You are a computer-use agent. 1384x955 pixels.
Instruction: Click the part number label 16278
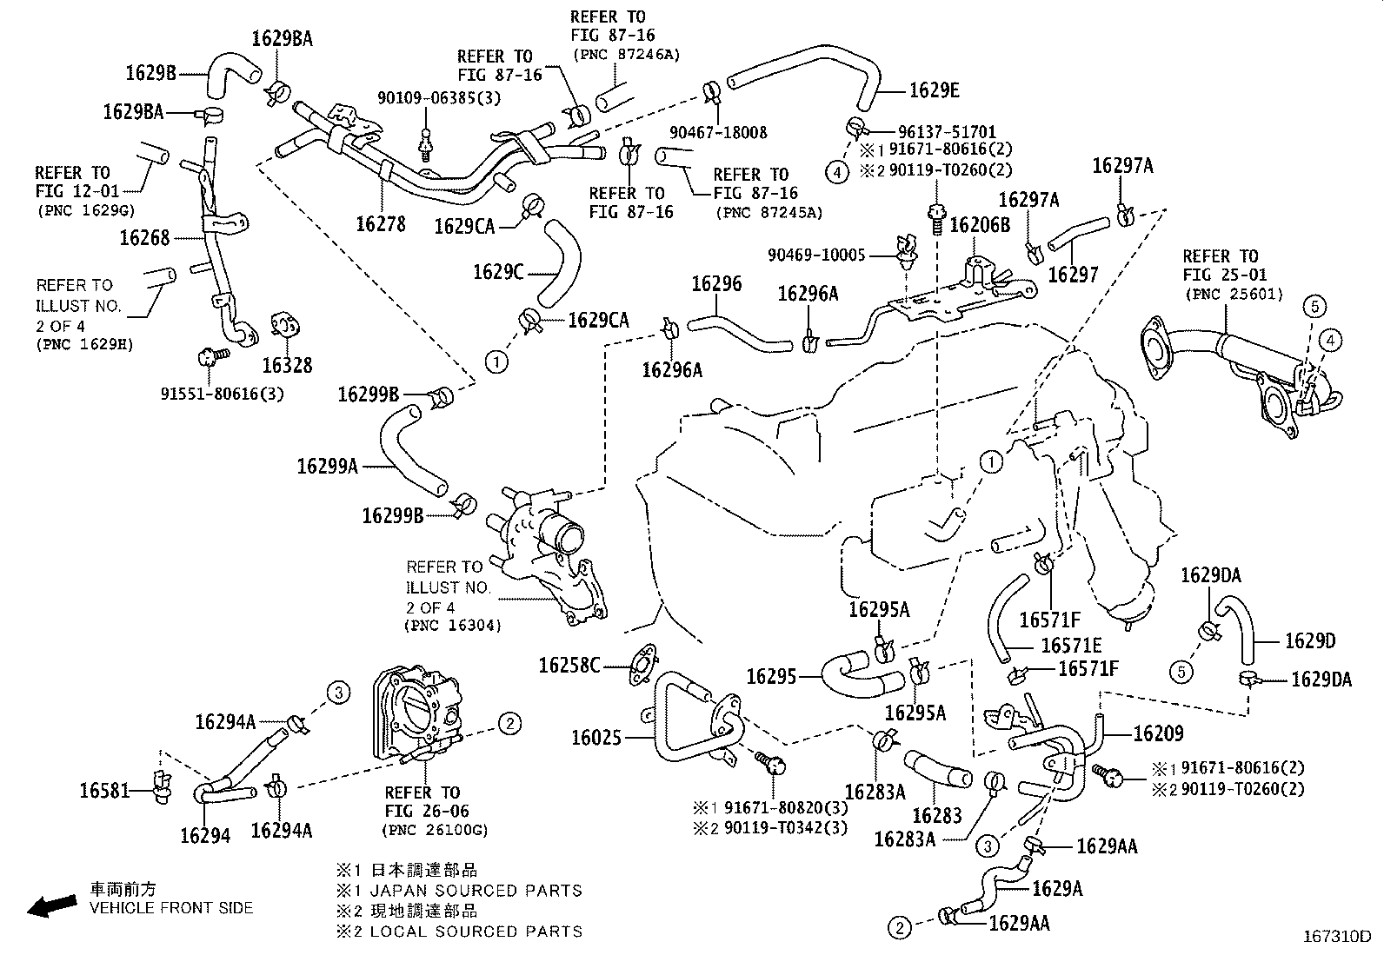pyautogui.click(x=380, y=224)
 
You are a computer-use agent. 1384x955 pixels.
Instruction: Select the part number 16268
pyautogui.click(x=144, y=238)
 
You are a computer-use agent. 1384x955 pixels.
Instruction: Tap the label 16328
pyautogui.click(x=287, y=366)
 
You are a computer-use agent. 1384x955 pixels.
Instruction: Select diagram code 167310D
pyautogui.click(x=1336, y=937)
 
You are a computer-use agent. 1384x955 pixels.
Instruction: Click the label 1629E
pyautogui.click(x=934, y=90)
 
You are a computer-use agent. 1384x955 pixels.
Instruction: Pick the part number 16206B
pyautogui.click(x=979, y=226)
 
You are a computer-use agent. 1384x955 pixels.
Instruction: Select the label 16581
pyautogui.click(x=103, y=791)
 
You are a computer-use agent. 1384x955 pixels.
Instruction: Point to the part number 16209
pyautogui.click(x=1158, y=734)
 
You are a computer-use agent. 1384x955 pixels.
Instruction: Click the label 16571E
pyautogui.click(x=1071, y=646)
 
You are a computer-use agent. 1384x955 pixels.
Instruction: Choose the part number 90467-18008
pyautogui.click(x=718, y=133)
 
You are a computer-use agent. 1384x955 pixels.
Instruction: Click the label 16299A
pyautogui.click(x=327, y=467)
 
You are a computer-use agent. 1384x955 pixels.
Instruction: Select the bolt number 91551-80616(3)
pyautogui.click(x=222, y=393)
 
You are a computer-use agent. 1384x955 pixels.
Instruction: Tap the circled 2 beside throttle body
pyautogui.click(x=509, y=723)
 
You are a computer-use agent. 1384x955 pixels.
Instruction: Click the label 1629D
pyautogui.click(x=1309, y=641)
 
